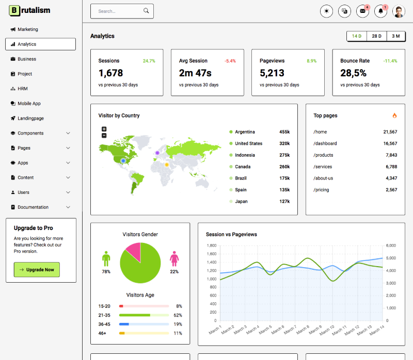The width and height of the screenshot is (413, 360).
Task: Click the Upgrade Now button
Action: [37, 270]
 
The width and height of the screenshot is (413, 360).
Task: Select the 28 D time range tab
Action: [376, 36]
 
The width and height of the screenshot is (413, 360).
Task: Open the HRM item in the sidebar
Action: [23, 89]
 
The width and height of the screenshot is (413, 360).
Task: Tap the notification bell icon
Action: [380, 11]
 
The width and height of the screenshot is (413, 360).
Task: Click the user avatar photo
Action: [399, 11]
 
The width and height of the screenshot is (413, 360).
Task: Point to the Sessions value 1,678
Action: [110, 73]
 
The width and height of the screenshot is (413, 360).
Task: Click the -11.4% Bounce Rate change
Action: [390, 61]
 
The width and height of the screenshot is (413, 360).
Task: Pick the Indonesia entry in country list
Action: [245, 155]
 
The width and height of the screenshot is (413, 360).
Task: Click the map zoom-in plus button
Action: [104, 129]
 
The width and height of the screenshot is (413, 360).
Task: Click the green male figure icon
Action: [106, 258]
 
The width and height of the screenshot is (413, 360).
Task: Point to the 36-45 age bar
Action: [144, 324]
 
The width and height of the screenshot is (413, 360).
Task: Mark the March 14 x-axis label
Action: [377, 330]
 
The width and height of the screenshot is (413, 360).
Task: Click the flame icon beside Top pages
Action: [394, 116]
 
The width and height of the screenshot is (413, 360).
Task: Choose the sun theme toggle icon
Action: [326, 11]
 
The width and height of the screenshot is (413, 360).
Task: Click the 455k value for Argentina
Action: [284, 132]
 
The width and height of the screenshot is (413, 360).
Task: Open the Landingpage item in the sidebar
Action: [30, 119]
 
